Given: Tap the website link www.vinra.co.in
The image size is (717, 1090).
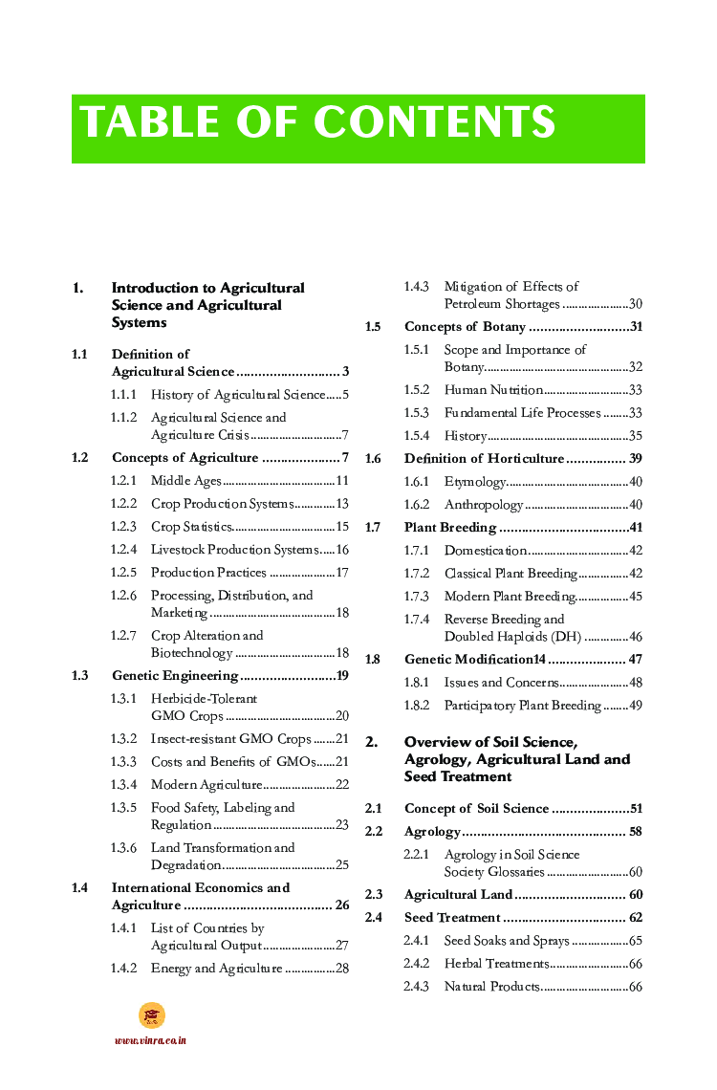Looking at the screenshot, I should pyautogui.click(x=150, y=1040).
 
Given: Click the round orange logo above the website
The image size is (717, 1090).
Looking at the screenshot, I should pyautogui.click(x=151, y=1015).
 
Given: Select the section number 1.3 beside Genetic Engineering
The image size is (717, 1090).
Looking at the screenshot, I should pyautogui.click(x=80, y=676).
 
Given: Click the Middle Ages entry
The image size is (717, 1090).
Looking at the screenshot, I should pyautogui.click(x=186, y=481).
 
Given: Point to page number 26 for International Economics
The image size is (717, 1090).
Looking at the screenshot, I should pyautogui.click(x=341, y=905).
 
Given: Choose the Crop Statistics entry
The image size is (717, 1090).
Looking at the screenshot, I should pyautogui.click(x=192, y=527).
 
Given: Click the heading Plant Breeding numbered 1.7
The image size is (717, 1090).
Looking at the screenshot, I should pyautogui.click(x=449, y=528).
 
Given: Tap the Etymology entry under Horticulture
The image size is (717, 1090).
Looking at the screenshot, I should pyautogui.click(x=475, y=482).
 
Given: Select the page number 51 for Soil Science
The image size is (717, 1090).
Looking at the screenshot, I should pyautogui.click(x=635, y=809).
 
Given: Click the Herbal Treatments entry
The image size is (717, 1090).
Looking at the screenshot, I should pyautogui.click(x=496, y=964).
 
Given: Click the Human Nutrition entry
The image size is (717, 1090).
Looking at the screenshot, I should pyautogui.click(x=493, y=390).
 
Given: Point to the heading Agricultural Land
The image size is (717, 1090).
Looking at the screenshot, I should pyautogui.click(x=458, y=895).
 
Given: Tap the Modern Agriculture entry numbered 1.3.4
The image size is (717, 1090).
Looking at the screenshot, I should pyautogui.click(x=206, y=785).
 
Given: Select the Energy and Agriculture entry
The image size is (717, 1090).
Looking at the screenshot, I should pyautogui.click(x=216, y=969).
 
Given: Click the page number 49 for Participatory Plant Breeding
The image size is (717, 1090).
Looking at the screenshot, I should pyautogui.click(x=635, y=706).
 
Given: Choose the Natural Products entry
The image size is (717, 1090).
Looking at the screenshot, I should pyautogui.click(x=492, y=987).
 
